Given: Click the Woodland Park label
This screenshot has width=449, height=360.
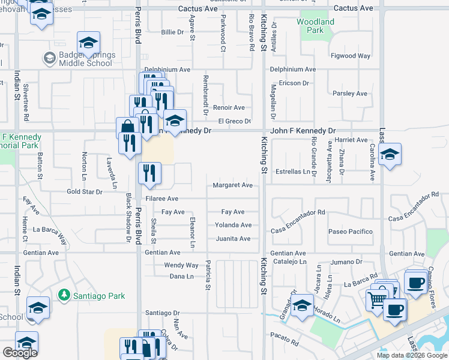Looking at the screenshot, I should tap(315, 26).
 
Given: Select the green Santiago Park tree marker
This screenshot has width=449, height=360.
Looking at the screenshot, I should tap(63, 295).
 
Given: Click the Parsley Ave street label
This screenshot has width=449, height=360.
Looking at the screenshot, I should tap(349, 94).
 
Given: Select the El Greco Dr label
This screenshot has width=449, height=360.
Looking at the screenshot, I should tap(234, 121).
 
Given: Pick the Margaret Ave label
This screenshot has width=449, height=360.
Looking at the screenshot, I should tap(232, 185).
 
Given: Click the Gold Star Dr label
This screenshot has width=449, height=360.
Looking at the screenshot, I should tap(83, 191).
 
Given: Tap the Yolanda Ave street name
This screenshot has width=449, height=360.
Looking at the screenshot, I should tap(233, 225).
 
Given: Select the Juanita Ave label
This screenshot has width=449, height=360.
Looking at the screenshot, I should tap(232, 239).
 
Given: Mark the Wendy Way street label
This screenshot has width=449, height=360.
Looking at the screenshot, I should tap(181, 265).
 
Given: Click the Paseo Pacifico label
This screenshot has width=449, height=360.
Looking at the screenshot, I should tap(350, 232).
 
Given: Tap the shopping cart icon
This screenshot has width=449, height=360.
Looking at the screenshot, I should tap(377, 299).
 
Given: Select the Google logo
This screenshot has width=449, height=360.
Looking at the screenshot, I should tap(20, 353).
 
